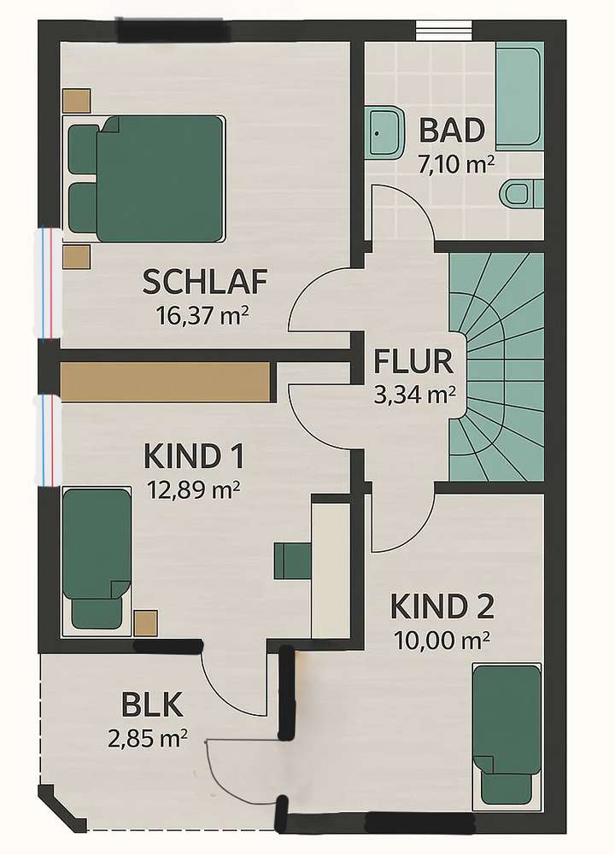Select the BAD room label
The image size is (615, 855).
pos(452,132)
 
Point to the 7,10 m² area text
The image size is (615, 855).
pos(454,163)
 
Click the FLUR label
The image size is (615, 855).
pos(413,362)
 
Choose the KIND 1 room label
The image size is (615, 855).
pos(194,456)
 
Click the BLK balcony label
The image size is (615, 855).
pos(153,707)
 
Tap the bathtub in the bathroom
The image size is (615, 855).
pos(519,98)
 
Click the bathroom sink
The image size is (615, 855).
pos(385,132)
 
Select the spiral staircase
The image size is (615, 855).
pos(497,367)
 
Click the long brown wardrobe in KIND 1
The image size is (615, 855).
pos(166,381)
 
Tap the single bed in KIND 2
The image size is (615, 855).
pos(507,735)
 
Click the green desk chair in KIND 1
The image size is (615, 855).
pos(290,559)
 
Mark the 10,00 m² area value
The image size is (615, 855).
pos(442,639)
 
